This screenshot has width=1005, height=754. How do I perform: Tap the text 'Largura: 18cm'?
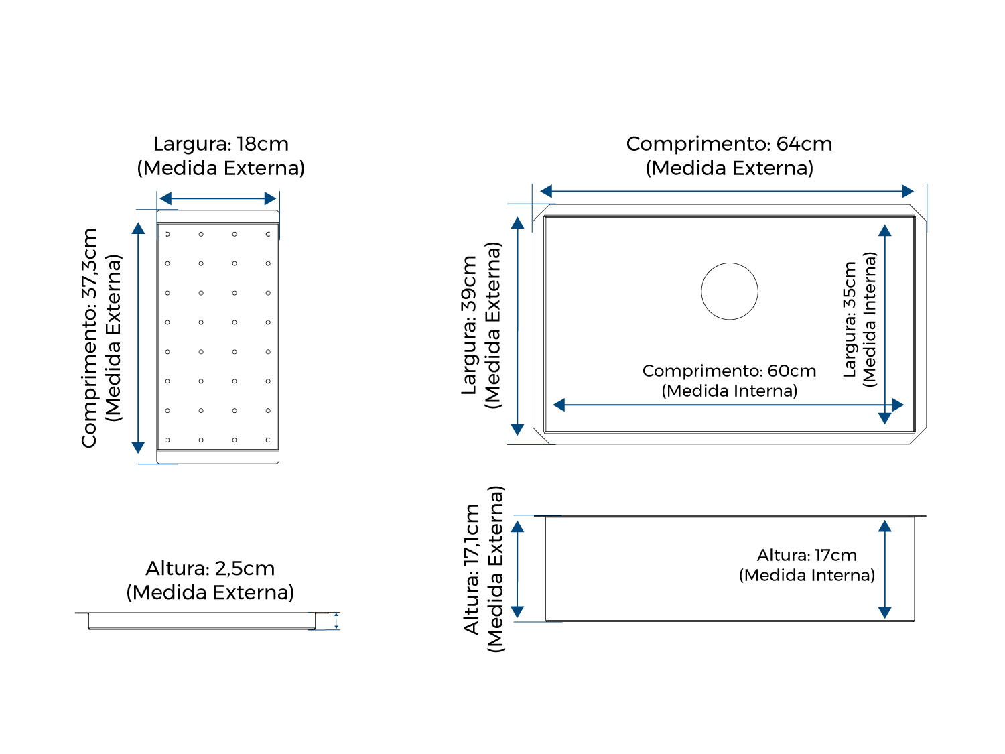220,143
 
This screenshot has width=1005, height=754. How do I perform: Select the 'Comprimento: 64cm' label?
729,143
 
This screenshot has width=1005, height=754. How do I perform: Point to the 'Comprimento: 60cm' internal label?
729,371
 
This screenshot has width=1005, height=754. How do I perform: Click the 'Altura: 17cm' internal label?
806,555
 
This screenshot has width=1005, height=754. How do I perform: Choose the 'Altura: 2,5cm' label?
210,568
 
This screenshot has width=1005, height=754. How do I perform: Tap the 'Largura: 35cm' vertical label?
850,320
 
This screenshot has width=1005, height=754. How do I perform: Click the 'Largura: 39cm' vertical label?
469,326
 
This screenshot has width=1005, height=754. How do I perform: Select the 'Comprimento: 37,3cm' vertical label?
89,338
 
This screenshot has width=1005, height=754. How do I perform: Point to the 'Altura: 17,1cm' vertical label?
471,569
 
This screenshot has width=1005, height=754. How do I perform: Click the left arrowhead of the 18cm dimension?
165,198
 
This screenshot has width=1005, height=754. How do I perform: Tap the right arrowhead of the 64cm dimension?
907,192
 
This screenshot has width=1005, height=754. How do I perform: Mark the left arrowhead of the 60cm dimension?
559,405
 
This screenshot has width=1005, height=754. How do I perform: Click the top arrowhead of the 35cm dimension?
884,231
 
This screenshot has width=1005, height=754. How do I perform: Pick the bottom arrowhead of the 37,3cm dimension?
138,447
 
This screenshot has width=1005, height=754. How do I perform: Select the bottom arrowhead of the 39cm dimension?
517,430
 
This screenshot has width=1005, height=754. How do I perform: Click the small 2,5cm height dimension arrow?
336,621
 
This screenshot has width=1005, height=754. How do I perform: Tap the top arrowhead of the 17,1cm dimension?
517,527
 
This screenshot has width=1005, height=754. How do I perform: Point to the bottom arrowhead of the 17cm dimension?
884,613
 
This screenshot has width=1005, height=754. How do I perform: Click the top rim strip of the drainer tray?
218,216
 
